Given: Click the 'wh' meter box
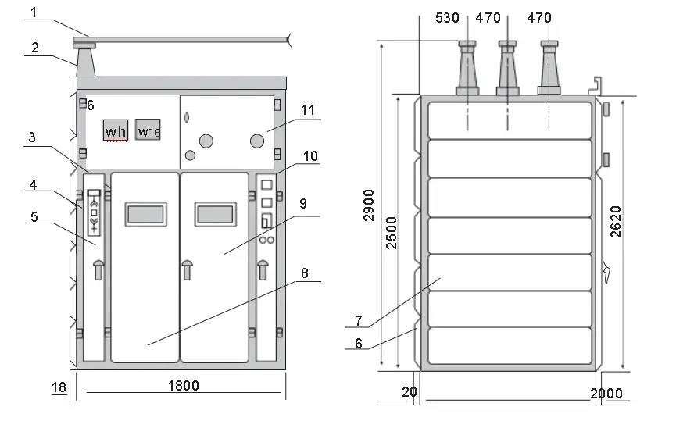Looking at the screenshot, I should point(116,130).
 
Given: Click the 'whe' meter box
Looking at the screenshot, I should point(148,130).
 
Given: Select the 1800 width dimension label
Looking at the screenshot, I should point(184,385).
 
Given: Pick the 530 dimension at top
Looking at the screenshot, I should point(448,17).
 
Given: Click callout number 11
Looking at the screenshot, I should point(308,110).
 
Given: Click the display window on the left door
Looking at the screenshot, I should point(145,212).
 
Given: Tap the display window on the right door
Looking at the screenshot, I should point(215,212).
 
